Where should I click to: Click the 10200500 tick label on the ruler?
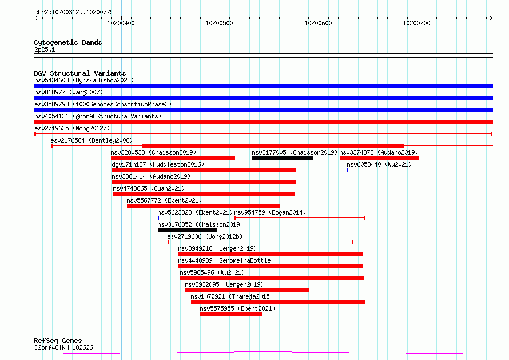(219, 23)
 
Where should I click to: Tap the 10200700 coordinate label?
(416, 23)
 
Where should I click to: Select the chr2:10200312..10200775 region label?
(74, 13)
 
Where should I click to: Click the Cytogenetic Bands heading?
(68, 42)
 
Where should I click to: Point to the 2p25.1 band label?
(45, 49)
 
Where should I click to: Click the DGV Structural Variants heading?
(80, 73)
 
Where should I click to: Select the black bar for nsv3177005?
(283, 158)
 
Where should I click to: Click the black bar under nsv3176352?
(188, 230)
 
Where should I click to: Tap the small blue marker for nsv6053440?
(348, 170)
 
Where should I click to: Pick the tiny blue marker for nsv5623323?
(158, 218)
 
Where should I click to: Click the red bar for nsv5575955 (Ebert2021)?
(231, 314)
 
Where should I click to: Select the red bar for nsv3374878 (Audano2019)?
(380, 158)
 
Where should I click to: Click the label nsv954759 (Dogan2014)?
(270, 212)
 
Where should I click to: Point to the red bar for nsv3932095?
(247, 290)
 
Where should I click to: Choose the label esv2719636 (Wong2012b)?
(205, 236)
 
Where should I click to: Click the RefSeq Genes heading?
(58, 341)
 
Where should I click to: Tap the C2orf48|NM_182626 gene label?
(63, 347)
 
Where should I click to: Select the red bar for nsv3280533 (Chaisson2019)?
(173, 158)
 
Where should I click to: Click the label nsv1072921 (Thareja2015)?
(232, 296)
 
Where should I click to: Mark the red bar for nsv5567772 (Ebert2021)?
(204, 206)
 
